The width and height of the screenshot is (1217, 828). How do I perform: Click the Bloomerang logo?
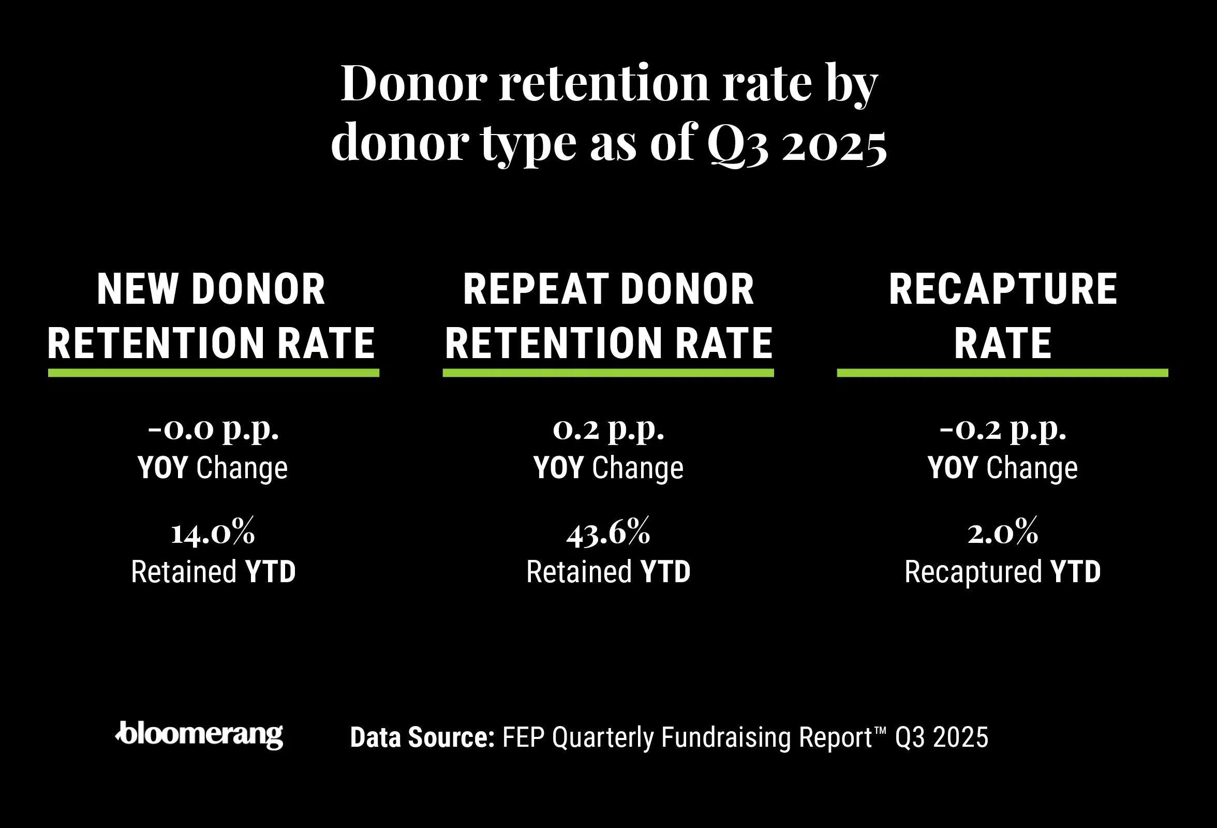coord(199,735)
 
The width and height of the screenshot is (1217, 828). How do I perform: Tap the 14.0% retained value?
coord(213,533)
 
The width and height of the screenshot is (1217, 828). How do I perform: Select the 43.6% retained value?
coord(608,533)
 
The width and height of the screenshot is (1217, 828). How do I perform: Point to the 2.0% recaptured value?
coord(1002,533)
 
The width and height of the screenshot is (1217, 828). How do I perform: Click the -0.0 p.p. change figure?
coord(213,430)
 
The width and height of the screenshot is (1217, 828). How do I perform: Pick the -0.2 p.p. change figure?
coord(1002,430)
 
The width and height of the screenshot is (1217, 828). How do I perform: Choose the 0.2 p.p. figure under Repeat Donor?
coord(608,430)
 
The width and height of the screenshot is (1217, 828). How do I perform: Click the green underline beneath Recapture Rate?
coord(1002,373)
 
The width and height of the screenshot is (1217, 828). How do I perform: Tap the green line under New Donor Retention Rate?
coord(213,373)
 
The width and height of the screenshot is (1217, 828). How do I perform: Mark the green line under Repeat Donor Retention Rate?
coord(608,373)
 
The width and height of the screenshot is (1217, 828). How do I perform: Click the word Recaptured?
coord(973,572)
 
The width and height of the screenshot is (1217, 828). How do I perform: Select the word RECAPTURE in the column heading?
coord(1003,289)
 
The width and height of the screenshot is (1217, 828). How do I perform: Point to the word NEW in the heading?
coord(137,289)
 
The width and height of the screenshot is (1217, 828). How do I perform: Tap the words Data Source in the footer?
coord(422,737)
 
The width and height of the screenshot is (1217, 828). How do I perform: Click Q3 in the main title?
coord(738,144)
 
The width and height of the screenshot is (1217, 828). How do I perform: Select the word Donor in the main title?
coord(414,84)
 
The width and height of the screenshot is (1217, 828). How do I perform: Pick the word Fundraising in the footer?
coord(726,737)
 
